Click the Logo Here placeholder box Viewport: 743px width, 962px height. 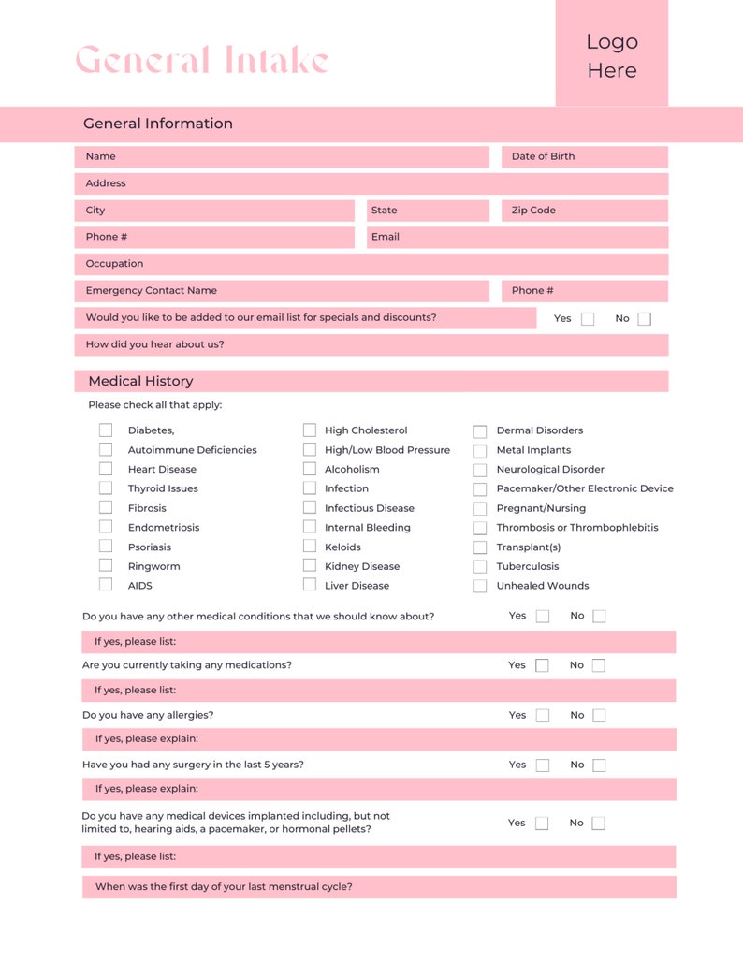(612, 54)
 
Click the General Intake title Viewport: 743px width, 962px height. (202, 61)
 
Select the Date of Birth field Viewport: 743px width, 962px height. (585, 157)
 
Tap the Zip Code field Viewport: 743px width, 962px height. (585, 211)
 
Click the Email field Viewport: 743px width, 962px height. (517, 238)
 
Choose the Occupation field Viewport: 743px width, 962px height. (371, 264)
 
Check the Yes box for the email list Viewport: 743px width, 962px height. (588, 319)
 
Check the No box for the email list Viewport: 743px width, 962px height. (644, 319)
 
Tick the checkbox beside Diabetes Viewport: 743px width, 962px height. (106, 430)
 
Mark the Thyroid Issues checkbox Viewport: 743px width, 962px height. (106, 488)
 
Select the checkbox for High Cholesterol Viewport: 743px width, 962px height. (309, 430)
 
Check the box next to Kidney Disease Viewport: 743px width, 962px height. (309, 566)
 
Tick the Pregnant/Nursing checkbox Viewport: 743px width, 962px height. (480, 509)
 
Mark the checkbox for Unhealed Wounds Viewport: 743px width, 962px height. (480, 587)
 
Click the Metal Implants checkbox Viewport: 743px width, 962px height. (480, 451)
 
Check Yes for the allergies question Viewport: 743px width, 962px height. (543, 716)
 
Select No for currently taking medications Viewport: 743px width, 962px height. (599, 666)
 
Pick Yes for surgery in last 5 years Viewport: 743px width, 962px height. (543, 765)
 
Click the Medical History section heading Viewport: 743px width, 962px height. (141, 382)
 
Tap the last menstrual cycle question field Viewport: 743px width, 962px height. (379, 887)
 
